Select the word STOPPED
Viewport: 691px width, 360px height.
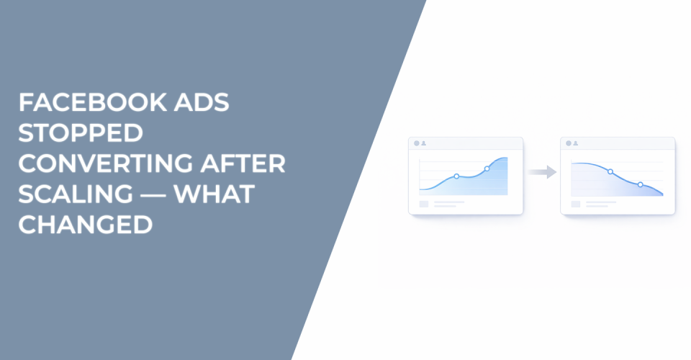click(x=81, y=133)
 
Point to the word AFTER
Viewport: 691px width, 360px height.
click(x=243, y=164)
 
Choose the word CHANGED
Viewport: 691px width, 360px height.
click(x=85, y=225)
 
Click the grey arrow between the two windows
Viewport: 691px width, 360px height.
click(x=542, y=172)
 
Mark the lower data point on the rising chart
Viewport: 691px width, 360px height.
click(x=456, y=176)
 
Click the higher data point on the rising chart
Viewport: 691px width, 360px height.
click(x=487, y=168)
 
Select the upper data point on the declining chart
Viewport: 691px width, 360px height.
click(x=610, y=171)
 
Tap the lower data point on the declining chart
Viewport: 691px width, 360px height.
click(x=640, y=184)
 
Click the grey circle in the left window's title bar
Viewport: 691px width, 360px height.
click(x=416, y=143)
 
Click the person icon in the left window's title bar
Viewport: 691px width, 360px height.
click(x=424, y=143)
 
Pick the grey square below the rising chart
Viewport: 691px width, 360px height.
click(x=424, y=204)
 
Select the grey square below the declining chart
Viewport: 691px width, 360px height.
click(x=576, y=204)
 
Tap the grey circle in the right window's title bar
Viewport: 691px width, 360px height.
click(x=568, y=143)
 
